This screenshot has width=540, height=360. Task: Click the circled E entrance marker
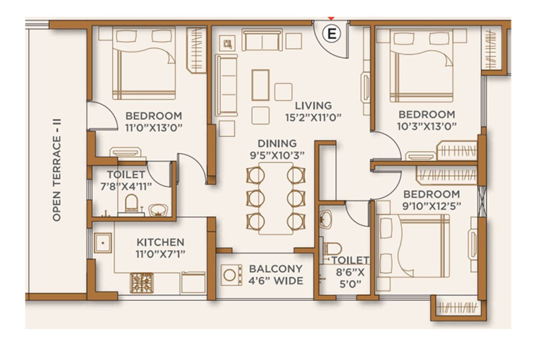[x=332, y=34]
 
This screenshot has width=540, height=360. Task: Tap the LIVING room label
[x=313, y=106]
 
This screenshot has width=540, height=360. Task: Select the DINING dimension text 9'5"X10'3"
[x=277, y=156]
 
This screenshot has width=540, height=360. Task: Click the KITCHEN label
[x=161, y=242]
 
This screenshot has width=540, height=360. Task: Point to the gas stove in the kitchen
[x=142, y=283]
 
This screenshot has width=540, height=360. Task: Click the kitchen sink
[x=103, y=243]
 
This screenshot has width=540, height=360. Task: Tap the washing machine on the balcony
[x=231, y=275]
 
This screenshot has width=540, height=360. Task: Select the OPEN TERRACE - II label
[x=57, y=170]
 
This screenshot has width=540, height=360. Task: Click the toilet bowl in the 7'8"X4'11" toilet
[x=131, y=203]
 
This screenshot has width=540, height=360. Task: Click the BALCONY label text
[x=276, y=269]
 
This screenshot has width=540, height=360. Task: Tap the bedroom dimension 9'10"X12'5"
[x=432, y=206]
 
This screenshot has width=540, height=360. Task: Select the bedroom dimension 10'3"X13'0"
[x=427, y=126]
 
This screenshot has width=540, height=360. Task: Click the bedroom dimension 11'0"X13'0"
[x=153, y=127]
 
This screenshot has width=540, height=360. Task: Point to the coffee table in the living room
[x=261, y=85]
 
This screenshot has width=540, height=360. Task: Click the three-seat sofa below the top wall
[x=262, y=40]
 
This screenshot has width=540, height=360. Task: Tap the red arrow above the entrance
[x=332, y=18]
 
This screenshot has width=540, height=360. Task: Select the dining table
[x=276, y=198]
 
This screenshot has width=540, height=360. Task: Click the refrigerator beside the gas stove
[x=193, y=283]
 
